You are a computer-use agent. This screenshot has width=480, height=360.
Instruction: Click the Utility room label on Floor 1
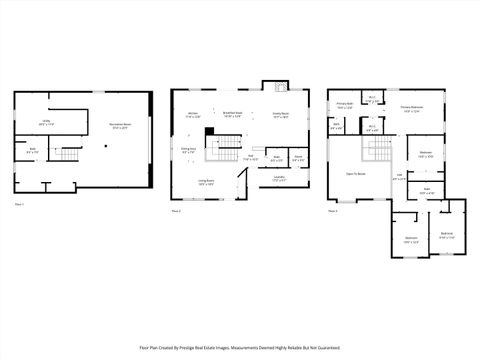point(46,122)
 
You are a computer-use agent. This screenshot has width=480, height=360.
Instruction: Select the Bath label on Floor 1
point(33,151)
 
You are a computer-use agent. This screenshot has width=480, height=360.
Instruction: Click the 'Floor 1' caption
point(20,205)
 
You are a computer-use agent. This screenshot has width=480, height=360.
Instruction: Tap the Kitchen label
point(193,115)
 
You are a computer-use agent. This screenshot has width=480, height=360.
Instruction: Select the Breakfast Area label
point(231,115)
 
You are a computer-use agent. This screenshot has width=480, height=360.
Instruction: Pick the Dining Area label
point(187,150)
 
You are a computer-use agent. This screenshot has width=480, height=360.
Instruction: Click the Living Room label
point(205,183)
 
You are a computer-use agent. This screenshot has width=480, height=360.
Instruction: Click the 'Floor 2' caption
point(176,211)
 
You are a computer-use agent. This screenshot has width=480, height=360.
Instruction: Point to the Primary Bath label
point(345,105)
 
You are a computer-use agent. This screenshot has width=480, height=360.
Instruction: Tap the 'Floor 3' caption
point(332,211)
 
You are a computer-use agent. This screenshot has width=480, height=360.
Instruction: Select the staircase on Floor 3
point(378,150)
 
